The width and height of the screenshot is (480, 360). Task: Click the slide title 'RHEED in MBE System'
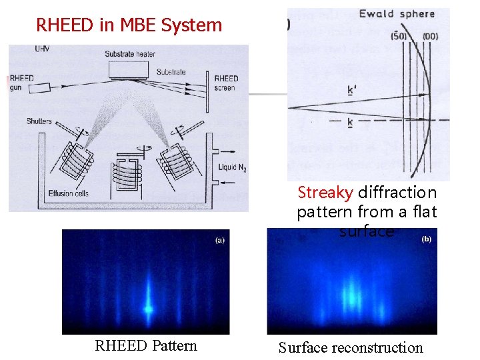pos(129,25)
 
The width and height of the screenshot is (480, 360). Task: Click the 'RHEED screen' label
pos(225,83)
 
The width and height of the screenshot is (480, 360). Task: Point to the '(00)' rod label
pos(430,36)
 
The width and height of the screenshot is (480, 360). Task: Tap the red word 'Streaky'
pos(325,193)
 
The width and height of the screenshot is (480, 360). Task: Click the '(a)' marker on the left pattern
pos(219,240)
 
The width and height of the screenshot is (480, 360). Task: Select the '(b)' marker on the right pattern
pos(426,239)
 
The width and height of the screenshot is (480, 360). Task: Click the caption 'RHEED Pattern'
pos(146,345)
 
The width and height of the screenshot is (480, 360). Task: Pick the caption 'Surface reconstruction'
pos(351,347)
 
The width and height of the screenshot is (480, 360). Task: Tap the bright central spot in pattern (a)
pos(148,309)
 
